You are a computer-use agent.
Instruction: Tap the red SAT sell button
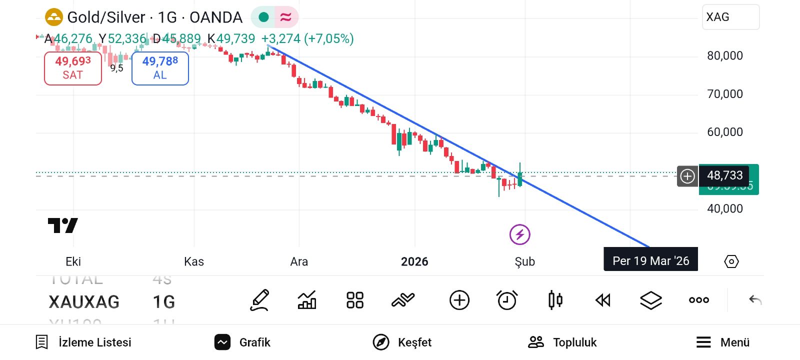coord(73,68)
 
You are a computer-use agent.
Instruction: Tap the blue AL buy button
coord(160,68)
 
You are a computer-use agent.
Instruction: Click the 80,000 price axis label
coord(724,55)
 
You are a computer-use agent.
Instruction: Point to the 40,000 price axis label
coord(724,208)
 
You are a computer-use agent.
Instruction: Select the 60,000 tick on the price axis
coord(724,132)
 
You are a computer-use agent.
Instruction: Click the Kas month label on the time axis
coord(194,261)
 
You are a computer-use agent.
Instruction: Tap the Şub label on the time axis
coord(525,261)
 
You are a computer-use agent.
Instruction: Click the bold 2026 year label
coord(414,261)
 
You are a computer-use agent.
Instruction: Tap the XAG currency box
coord(730,17)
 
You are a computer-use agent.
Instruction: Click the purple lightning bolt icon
coord(520,234)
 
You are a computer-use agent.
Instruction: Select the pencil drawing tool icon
coord(260,300)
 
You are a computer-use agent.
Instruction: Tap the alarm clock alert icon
coord(507,300)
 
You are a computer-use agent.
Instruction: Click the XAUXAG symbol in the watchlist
coord(84,302)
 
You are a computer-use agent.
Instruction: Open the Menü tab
coord(723,342)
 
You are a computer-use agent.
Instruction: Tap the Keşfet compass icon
coord(381,342)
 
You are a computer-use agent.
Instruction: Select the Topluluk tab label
coord(574,342)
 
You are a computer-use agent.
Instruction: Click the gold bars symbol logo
coord(54,17)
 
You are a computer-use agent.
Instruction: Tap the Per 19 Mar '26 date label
coord(650,260)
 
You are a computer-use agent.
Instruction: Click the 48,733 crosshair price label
coord(724,175)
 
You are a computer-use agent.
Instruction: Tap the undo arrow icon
coord(755,300)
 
